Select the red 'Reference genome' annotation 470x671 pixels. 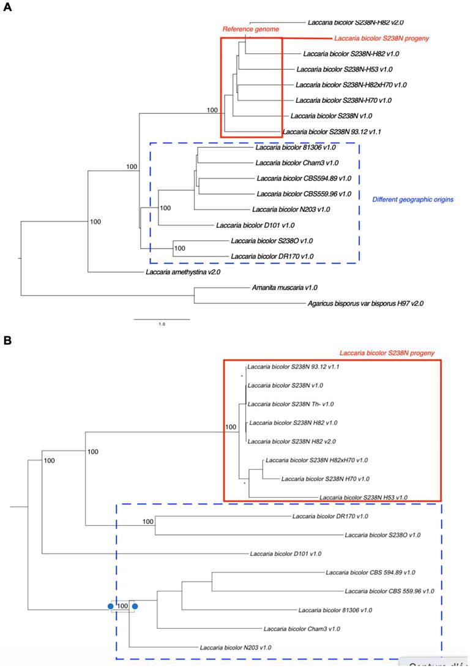250,29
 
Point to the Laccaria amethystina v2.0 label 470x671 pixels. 182,272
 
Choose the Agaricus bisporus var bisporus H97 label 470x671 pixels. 366,303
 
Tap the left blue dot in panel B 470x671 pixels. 111,606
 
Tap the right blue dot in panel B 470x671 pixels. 135,606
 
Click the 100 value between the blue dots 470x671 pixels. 123,606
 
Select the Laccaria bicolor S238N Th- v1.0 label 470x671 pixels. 290,404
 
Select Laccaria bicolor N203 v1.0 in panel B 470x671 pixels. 235,647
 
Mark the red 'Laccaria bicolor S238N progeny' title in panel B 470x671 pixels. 386,353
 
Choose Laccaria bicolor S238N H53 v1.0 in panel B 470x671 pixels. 363,498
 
